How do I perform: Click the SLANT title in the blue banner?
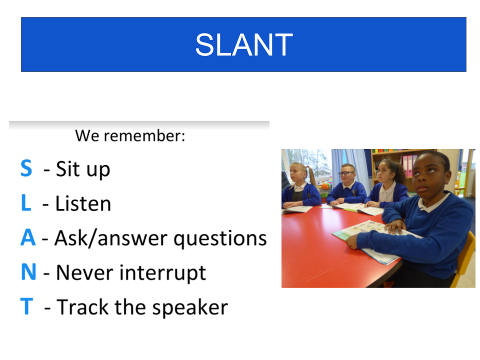tap(244, 44)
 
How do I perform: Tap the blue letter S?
tap(26, 168)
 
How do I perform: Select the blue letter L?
tap(26, 202)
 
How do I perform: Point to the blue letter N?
tap(28, 272)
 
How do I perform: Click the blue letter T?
tap(26, 306)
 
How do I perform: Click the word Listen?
tap(83, 203)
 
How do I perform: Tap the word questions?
tap(220, 239)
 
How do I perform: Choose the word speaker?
tap(190, 307)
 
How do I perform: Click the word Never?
tap(85, 272)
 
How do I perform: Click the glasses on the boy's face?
tap(346, 173)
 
